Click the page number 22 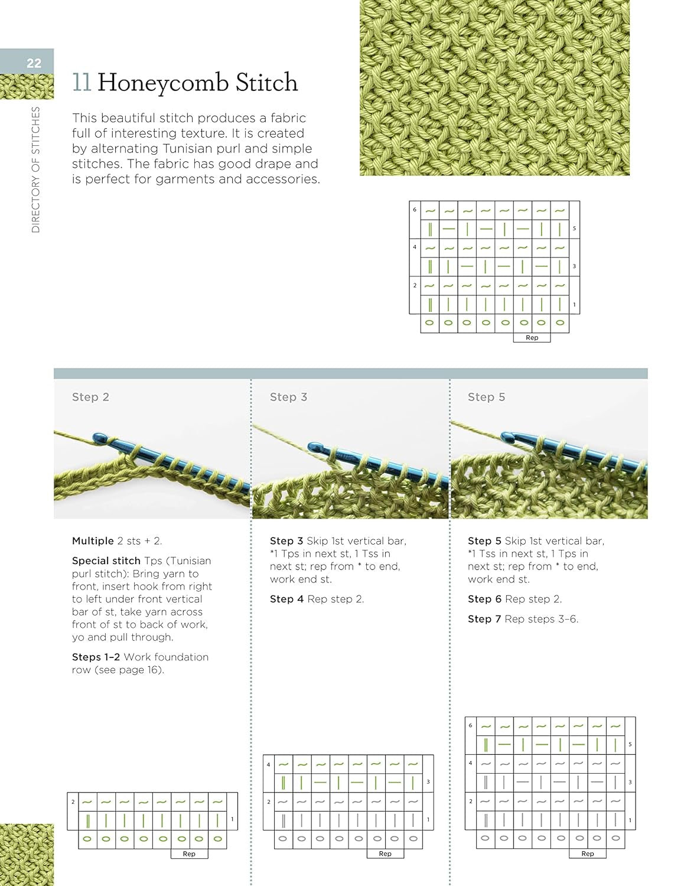coord(34,63)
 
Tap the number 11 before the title coord(82,83)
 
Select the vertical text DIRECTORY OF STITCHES coord(35,170)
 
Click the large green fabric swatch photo coord(494,87)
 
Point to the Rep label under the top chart coord(532,338)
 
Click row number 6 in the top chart coord(415,210)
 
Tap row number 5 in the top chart coord(574,229)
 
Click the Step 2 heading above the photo coord(90,397)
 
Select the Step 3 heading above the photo coord(288,397)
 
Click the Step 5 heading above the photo coord(486,397)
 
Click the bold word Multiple coord(93,541)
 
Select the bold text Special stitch coord(106,561)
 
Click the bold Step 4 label coord(286,599)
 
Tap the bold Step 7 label coord(484,619)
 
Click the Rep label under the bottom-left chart coord(189,854)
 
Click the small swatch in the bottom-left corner coord(27,855)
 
